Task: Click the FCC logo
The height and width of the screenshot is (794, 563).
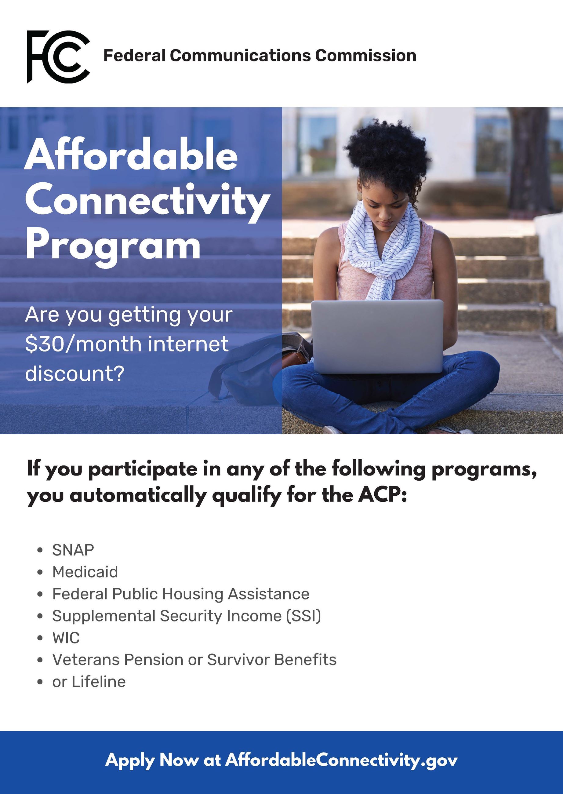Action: tap(58, 56)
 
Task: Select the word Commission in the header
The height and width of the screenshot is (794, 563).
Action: tap(366, 56)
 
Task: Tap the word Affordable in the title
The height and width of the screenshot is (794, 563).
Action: tap(131, 154)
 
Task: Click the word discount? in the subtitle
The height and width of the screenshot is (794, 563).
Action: tap(74, 373)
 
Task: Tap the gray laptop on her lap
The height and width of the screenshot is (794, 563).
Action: tap(377, 336)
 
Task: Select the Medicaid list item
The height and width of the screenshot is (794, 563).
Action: tap(85, 572)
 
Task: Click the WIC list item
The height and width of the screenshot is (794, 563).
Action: tap(66, 638)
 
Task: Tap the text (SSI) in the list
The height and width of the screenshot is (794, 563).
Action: tap(304, 616)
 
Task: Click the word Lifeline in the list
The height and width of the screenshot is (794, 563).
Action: tap(99, 682)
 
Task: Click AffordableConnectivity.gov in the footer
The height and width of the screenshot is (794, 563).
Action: tap(341, 760)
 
